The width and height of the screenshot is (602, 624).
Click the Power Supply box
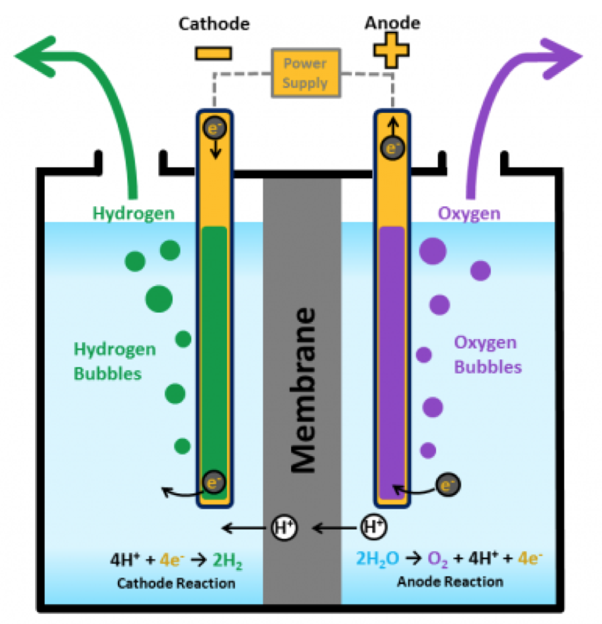coord(306,73)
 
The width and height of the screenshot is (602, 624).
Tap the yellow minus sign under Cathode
coord(214,54)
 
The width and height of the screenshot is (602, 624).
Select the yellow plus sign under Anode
coord(392,50)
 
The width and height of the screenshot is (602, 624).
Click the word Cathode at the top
coord(214,24)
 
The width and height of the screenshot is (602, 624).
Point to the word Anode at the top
coord(392,22)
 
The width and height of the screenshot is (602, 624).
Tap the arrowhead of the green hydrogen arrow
coord(36,56)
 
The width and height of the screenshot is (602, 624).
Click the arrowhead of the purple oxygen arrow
coord(562,58)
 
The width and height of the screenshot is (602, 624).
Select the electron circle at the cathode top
coord(215,128)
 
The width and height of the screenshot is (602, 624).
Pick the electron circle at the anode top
coord(392,148)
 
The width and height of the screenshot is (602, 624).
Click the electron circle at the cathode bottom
coord(214,482)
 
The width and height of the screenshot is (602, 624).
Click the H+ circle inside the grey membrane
coord(284,527)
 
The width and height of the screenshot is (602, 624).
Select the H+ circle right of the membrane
coord(374,526)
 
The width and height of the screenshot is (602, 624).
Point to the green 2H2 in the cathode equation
coord(228,561)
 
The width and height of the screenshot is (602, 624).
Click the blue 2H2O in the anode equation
coord(378,559)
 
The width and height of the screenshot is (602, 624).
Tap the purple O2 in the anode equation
coord(437,559)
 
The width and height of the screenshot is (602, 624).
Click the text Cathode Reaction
coord(176,583)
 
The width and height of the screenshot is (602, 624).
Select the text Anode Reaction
coord(451,582)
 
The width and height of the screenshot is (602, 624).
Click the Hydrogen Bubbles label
coord(114,362)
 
